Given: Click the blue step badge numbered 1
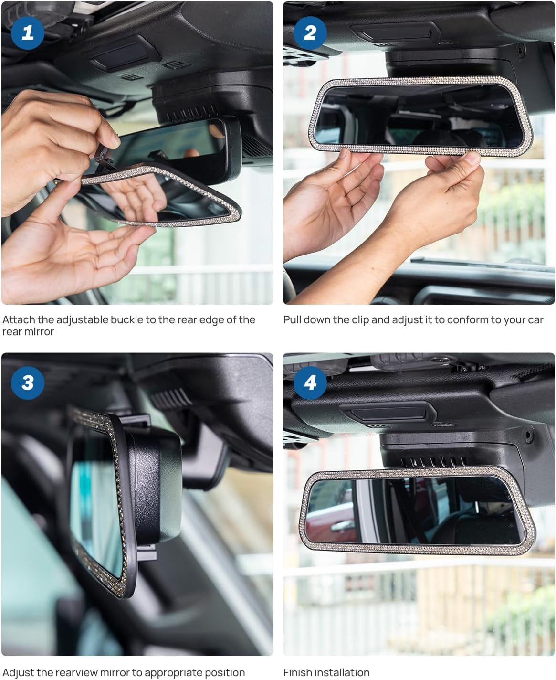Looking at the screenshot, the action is click(x=28, y=33).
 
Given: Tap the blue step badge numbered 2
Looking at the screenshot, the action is click(x=310, y=33).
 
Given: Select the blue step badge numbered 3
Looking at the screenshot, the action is click(x=28, y=382).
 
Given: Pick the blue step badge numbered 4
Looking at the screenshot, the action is click(x=310, y=382).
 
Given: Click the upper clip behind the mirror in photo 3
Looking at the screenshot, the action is click(x=136, y=420).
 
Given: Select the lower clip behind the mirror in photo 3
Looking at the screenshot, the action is click(x=147, y=552).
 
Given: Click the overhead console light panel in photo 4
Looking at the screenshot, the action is click(x=389, y=414).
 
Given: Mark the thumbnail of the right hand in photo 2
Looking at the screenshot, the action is click(x=472, y=158).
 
